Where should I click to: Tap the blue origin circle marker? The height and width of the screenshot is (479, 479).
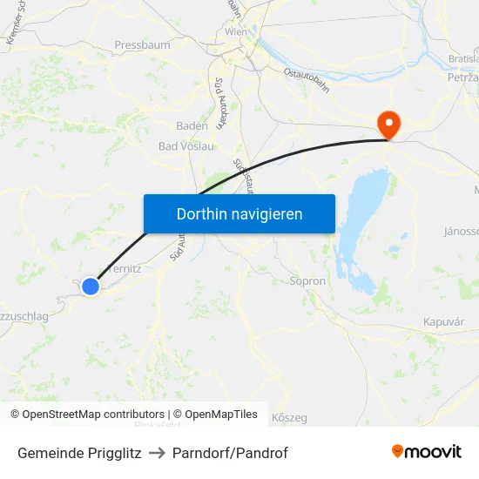coord(91,286)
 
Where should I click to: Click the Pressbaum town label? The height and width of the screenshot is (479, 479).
coord(142,44)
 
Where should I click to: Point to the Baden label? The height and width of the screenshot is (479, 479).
coord(192,125)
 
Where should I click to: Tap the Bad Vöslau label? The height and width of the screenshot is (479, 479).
coord(186,145)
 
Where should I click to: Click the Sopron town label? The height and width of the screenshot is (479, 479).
coord(307,281)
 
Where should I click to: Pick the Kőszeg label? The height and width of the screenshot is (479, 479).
coord(289,418)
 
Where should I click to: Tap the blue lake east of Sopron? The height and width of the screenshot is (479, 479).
coord(365,209)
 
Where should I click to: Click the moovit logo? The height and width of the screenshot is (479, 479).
coord(427,452)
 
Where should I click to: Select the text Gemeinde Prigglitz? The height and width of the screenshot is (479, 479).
coord(79,453)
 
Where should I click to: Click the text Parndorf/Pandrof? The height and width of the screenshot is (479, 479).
coord(230,453)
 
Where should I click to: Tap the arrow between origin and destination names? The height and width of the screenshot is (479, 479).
coord(157,453)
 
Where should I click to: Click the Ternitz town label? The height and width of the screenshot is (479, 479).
coord(123,269)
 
